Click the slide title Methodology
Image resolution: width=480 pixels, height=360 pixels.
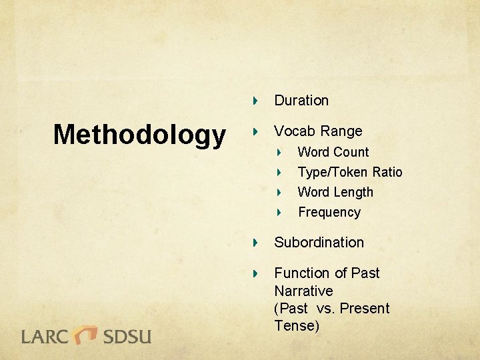(139, 135)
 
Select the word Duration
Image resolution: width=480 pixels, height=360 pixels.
(301, 101)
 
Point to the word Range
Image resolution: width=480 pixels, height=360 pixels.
(341, 131)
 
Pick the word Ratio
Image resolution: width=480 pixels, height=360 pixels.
(387, 172)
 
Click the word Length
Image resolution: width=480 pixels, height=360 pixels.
(354, 192)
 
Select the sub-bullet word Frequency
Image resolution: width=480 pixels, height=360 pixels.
(329, 213)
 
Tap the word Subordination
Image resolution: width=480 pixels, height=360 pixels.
(319, 243)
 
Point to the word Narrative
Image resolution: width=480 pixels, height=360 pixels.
(303, 291)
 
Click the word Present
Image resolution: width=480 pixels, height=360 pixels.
(365, 309)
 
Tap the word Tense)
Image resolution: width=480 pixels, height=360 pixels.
(297, 326)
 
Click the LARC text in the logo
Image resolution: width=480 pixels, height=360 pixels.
(46, 335)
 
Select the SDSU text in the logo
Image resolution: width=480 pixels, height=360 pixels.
(127, 335)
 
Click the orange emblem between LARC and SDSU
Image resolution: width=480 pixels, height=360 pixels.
(86, 334)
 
